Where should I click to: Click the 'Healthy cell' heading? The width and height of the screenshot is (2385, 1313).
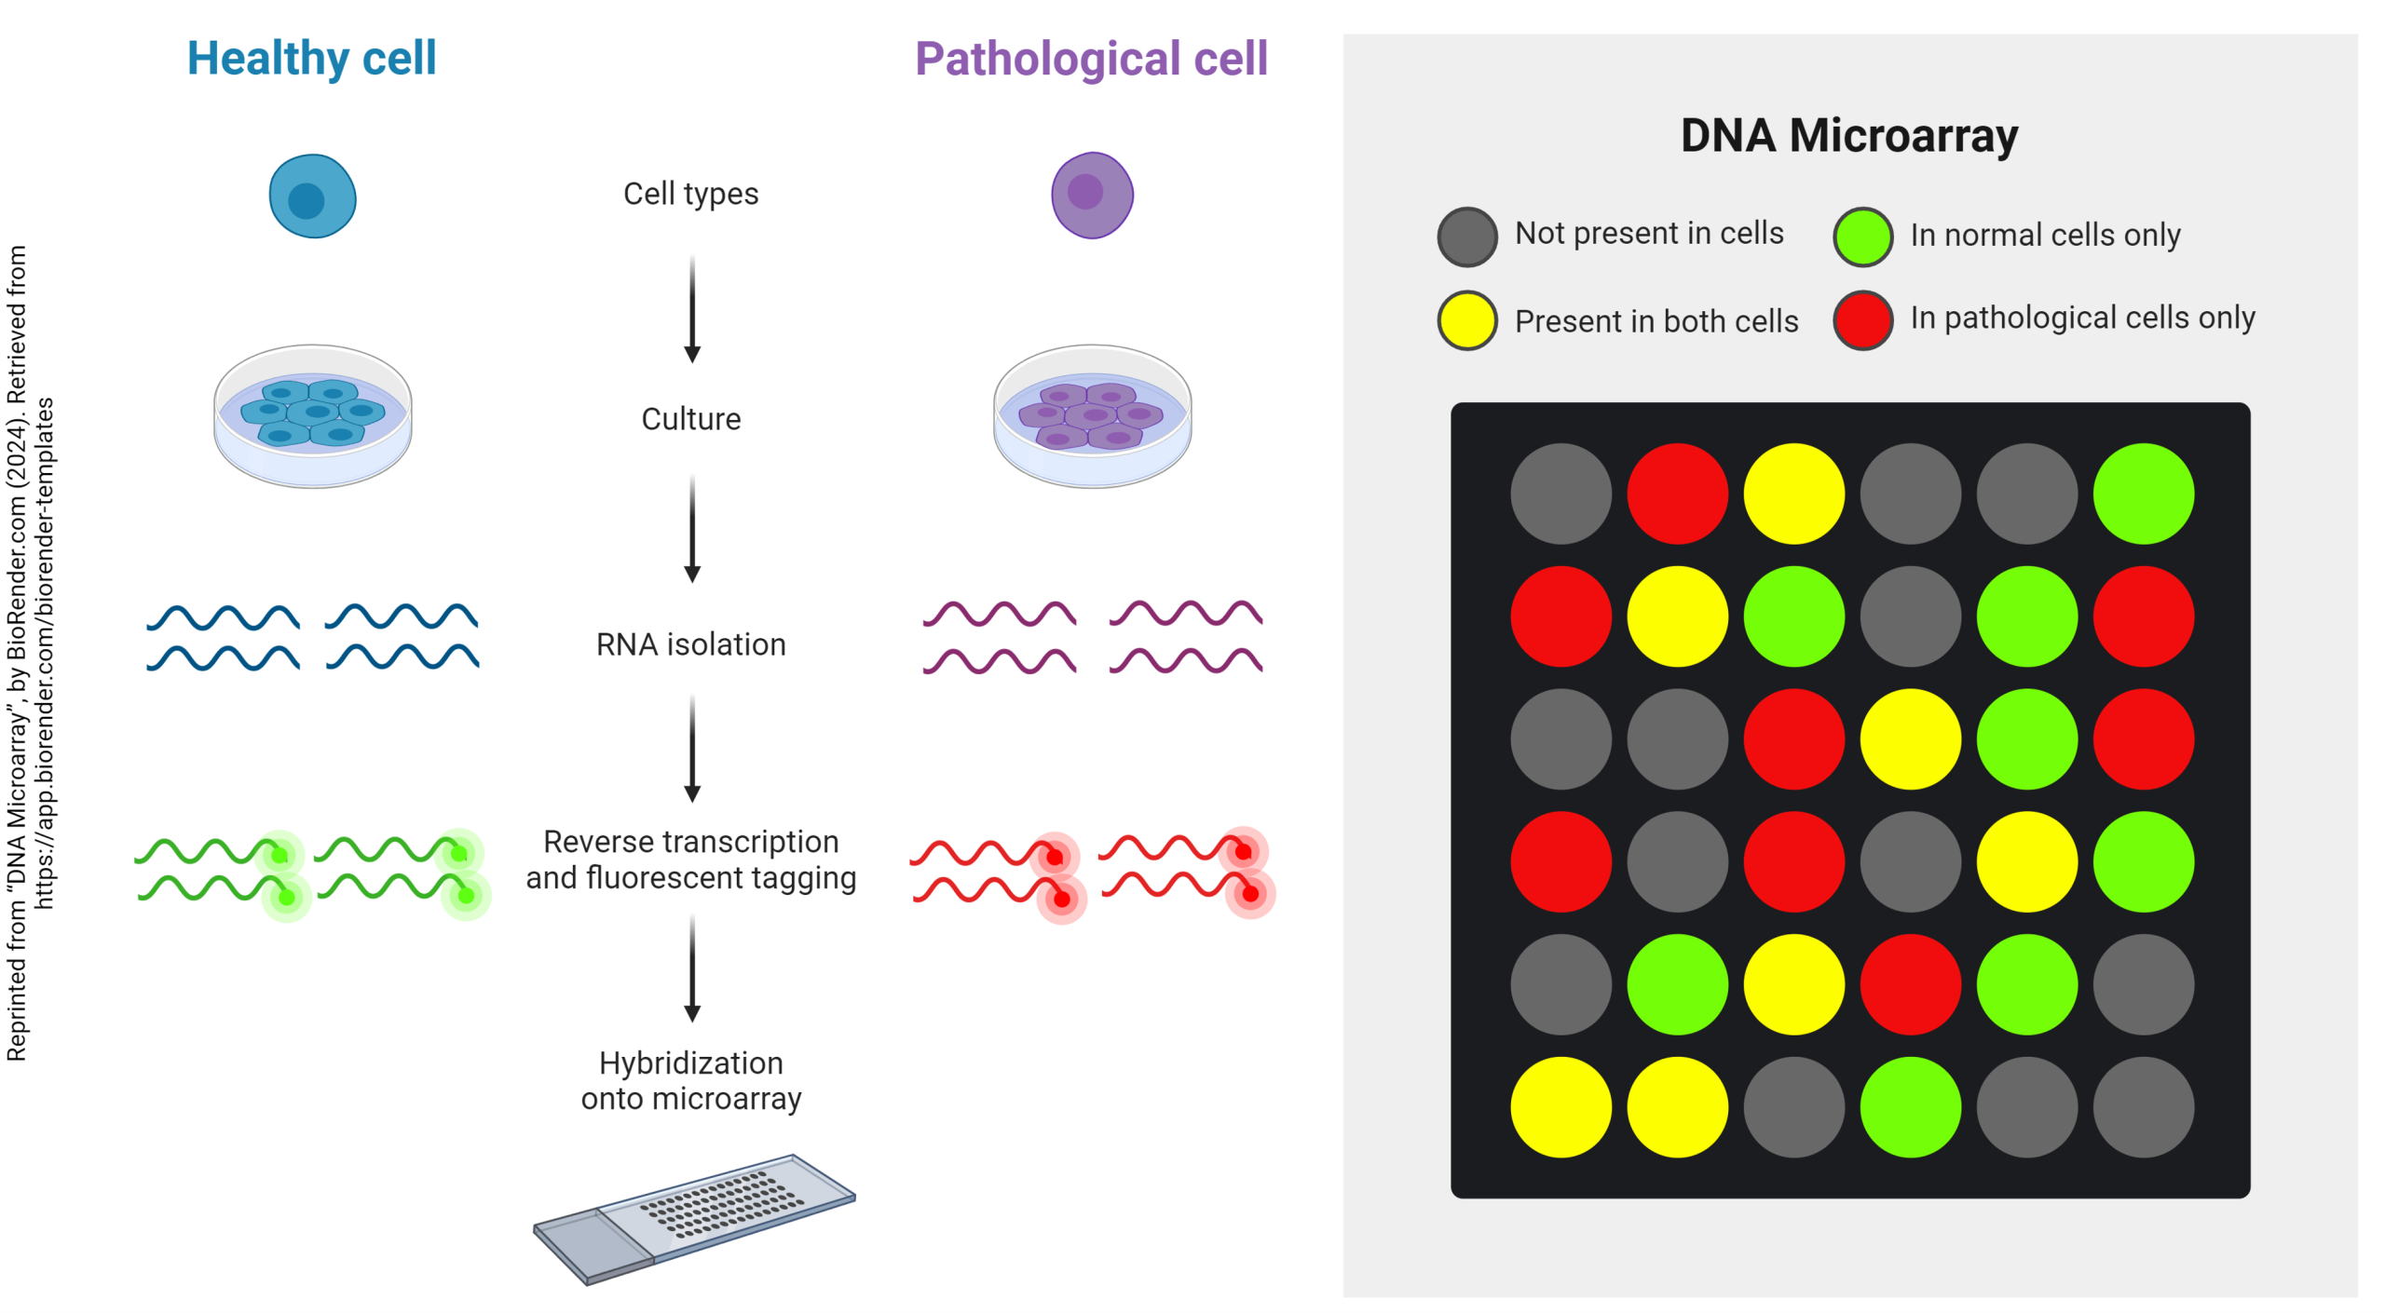point(311,59)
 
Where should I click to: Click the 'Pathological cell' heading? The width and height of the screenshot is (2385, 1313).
point(1090,60)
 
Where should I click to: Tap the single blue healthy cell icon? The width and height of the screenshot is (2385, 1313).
point(312,196)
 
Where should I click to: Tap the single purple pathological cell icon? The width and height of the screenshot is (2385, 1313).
point(1092,196)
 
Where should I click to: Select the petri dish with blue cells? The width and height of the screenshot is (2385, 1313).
point(312,415)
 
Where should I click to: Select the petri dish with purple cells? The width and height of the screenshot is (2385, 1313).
point(1092,415)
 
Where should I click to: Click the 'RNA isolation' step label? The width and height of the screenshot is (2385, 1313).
point(690,644)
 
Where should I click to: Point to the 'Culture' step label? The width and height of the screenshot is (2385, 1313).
point(690,419)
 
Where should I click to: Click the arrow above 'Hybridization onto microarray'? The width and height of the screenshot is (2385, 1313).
point(691,968)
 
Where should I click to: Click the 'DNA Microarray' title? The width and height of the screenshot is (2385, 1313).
point(1848,136)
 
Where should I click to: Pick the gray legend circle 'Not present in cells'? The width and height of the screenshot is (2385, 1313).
point(1466,237)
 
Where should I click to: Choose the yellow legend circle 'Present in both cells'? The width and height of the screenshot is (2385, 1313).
point(1466,320)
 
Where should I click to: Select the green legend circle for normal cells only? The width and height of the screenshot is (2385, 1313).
point(1862,237)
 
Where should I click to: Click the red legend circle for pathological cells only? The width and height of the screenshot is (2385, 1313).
point(1862,320)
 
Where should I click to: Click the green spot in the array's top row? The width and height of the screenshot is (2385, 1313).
point(2143,494)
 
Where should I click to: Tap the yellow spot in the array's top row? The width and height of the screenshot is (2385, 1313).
point(1793,494)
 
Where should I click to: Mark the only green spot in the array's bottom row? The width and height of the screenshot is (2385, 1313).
point(1910,1107)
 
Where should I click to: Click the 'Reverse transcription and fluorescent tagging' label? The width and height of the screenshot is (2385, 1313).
point(690,860)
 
